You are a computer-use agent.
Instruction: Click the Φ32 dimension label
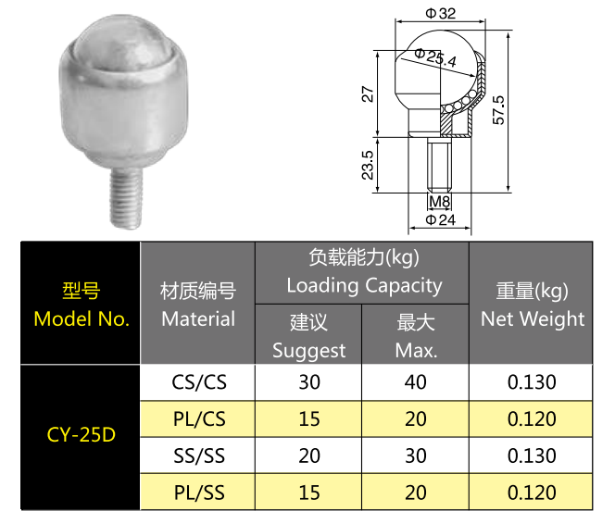(x=441, y=13)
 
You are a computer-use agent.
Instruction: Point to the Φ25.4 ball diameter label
(x=435, y=57)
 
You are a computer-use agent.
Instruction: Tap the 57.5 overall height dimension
(x=498, y=110)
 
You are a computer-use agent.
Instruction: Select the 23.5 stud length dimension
(x=368, y=165)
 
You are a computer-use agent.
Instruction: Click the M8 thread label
(x=439, y=202)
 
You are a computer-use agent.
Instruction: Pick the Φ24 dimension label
(x=441, y=219)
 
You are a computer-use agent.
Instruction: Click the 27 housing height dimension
(x=368, y=94)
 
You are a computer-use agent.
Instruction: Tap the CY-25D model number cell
(x=82, y=434)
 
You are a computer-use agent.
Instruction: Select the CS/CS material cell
(x=199, y=382)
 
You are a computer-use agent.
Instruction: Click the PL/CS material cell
(x=199, y=419)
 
